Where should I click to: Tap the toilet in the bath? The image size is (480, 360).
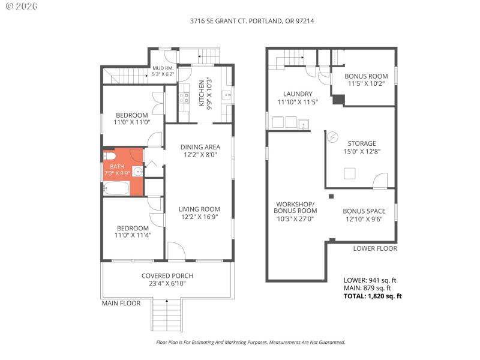109,155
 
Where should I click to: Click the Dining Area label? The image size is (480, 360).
200,147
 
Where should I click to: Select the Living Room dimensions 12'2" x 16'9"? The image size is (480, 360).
200,218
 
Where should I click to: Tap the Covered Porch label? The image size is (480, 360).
167,276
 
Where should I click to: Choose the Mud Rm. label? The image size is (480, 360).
163,68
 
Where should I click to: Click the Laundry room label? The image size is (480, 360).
297,94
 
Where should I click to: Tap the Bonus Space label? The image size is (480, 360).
364,211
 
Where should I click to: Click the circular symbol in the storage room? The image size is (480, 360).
332,137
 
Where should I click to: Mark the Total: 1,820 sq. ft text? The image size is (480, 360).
373,296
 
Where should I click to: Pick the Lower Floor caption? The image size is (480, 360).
374,248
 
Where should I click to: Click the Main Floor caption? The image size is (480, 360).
121,304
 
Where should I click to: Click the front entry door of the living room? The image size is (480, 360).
176,252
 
